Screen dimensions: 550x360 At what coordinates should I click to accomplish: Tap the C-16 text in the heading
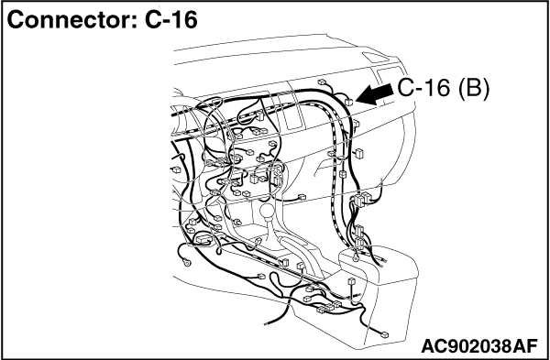[171, 20]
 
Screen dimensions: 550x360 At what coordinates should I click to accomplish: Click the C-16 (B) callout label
[443, 88]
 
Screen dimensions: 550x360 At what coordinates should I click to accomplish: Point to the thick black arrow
[375, 94]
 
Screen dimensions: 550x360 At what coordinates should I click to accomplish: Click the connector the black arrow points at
[348, 102]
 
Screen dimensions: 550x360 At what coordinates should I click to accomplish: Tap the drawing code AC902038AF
[479, 346]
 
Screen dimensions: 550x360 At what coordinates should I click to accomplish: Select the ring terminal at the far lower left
[187, 261]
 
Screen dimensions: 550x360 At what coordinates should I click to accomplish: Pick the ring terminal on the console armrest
[355, 258]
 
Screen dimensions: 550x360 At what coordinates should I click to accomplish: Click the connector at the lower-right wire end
[384, 334]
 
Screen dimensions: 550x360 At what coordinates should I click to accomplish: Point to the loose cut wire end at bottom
[268, 323]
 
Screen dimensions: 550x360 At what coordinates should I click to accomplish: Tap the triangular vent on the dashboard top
[375, 57]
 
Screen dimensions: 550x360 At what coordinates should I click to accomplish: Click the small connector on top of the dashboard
[322, 82]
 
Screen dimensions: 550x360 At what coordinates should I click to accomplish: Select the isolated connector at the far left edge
[176, 169]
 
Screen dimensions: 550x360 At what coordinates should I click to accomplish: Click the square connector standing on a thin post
[351, 282]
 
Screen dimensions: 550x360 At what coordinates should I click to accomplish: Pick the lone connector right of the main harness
[359, 153]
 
